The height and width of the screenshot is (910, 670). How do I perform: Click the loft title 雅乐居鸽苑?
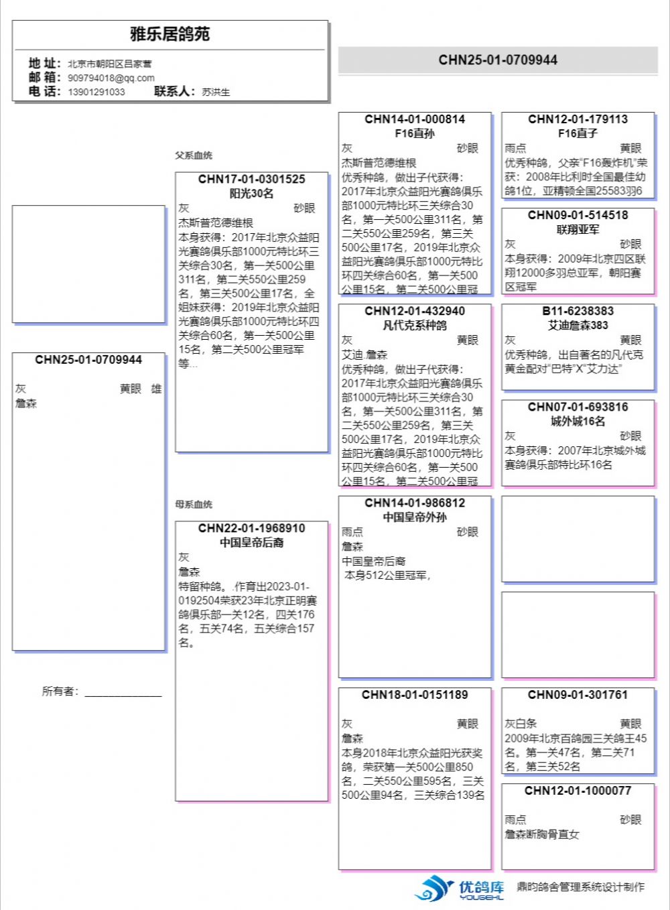[x=170, y=34]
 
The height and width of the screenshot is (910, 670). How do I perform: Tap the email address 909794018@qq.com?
[x=111, y=78]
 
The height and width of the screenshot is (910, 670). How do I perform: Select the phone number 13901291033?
[x=96, y=92]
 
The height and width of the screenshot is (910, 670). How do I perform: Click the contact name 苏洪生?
[x=216, y=92]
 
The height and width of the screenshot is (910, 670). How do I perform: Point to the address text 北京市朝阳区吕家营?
[x=109, y=64]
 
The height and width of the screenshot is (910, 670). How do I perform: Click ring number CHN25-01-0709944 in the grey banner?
[x=498, y=60]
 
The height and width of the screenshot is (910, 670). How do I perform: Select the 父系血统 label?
[x=194, y=155]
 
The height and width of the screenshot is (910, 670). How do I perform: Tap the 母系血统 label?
[x=194, y=504]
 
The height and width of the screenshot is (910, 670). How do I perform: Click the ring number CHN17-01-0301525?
[x=251, y=179]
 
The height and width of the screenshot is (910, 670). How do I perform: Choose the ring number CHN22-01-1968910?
[x=251, y=528]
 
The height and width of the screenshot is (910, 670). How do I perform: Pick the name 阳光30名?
[x=251, y=193]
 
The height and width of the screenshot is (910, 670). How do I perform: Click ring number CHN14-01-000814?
[x=415, y=119]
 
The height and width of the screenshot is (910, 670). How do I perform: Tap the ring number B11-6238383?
[x=578, y=311]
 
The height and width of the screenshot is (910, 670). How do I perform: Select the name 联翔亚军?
[x=578, y=229]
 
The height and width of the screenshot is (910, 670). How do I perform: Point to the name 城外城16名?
[x=578, y=421]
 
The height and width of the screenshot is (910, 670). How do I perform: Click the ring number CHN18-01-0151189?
[x=415, y=695]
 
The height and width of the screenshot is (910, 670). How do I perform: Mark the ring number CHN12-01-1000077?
[x=578, y=791]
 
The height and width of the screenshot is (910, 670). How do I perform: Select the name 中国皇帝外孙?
[x=415, y=517]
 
